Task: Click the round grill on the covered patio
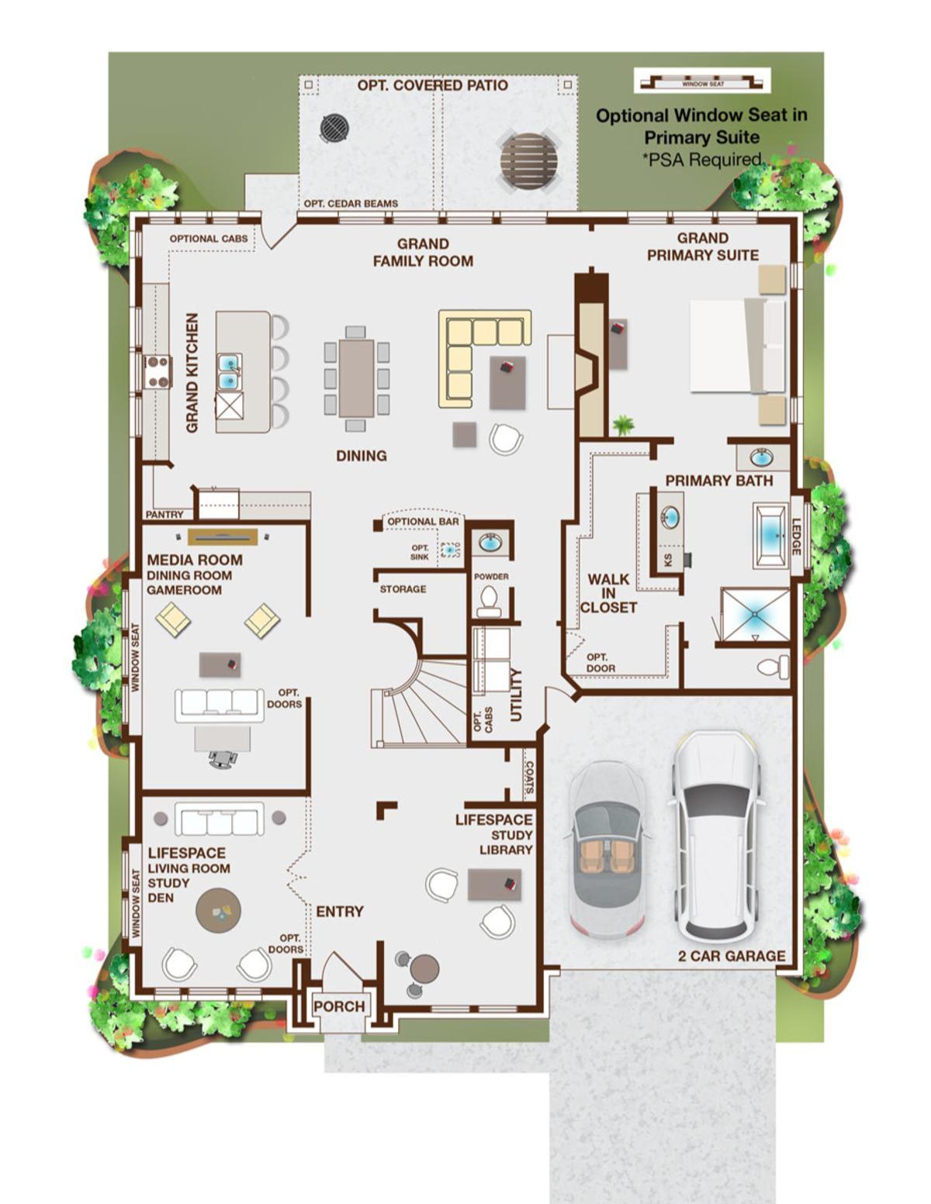pos(335,127)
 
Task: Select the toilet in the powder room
pos(489,602)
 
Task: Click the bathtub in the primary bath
pos(770,536)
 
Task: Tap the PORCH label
pos(339,1006)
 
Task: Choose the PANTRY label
pos(164,514)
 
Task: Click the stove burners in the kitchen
pos(157,371)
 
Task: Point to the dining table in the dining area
pos(357,378)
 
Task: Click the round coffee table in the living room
pos(219,911)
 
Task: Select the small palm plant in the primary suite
pos(624,425)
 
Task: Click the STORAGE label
pos(403,589)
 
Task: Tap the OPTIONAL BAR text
pos(423,522)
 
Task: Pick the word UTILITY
pos(516,694)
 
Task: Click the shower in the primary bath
pos(755,616)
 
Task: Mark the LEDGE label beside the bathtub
pos(796,536)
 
